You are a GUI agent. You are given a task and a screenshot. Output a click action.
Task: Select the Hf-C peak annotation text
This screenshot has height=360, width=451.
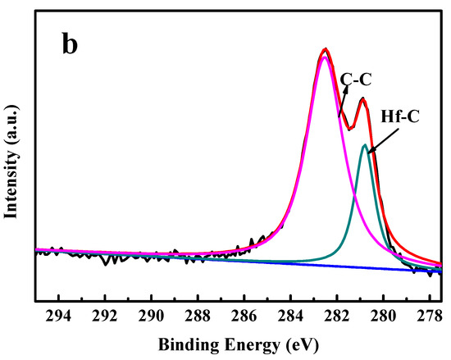coord(399,116)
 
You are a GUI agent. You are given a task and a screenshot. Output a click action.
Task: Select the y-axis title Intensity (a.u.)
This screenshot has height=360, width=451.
coord(14,159)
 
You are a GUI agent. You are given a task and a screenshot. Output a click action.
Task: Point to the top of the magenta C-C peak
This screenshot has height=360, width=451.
coord(326,57)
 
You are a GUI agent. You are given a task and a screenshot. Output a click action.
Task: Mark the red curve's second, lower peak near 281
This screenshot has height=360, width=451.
coord(362,99)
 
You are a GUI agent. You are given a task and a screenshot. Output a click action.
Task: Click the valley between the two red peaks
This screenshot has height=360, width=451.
coord(350,129)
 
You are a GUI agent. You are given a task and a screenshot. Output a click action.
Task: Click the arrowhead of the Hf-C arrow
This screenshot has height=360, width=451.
coord(368,151)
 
